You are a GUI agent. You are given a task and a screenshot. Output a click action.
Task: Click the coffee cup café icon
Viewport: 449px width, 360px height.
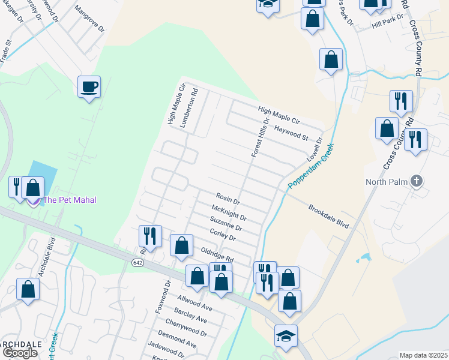click(x=89, y=87)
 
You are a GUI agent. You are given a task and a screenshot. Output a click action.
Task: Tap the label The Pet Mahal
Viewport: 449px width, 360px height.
click(x=70, y=200)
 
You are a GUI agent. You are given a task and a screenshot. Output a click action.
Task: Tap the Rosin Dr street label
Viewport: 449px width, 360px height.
click(x=228, y=198)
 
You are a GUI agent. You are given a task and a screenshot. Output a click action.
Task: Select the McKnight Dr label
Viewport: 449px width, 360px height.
click(x=229, y=212)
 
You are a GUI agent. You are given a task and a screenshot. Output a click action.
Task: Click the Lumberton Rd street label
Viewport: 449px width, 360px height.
click(x=194, y=103)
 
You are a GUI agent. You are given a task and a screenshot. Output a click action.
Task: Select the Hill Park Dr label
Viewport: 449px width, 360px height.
click(x=388, y=23)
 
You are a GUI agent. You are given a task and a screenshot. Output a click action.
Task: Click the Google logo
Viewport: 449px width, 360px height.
click(x=20, y=353)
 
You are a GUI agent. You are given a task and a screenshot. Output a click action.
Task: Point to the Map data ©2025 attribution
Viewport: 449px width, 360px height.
click(x=423, y=355)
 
